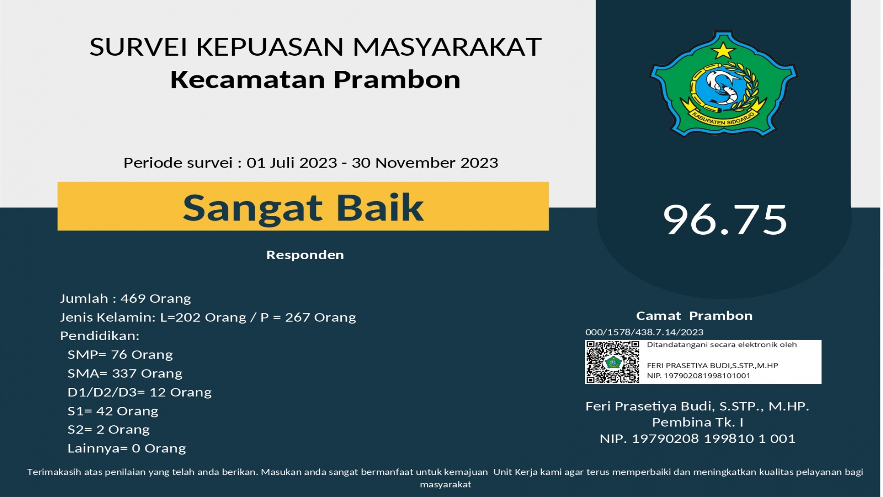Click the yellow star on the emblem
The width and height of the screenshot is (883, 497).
click(x=723, y=50)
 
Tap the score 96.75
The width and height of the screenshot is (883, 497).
click(x=725, y=220)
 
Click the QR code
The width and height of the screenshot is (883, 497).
click(x=612, y=362)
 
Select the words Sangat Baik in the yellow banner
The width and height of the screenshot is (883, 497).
click(x=303, y=208)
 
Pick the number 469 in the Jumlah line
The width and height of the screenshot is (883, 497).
click(x=133, y=298)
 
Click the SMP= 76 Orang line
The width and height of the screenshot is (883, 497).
click(x=120, y=354)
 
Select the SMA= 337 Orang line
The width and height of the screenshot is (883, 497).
click(x=125, y=373)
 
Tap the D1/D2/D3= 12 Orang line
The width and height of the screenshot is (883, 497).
click(x=139, y=392)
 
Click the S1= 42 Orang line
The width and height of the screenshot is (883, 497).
click(x=113, y=411)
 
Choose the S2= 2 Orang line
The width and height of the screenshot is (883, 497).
click(x=109, y=429)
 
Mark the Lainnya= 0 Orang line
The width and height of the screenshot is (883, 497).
click(x=126, y=448)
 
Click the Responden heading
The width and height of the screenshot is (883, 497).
click(x=305, y=255)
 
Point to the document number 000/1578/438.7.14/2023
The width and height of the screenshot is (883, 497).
click(x=644, y=332)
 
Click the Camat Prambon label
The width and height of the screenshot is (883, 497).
click(x=694, y=316)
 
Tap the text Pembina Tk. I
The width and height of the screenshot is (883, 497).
click(x=698, y=422)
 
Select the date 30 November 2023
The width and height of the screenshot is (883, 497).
click(x=425, y=162)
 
